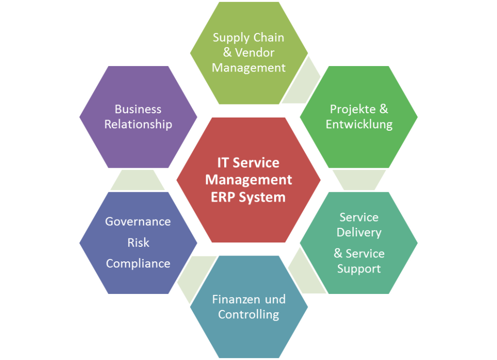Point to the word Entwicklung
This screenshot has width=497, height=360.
pyautogui.click(x=359, y=124)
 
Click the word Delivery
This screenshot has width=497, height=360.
pyautogui.click(x=359, y=233)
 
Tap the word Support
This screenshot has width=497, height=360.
pyautogui.click(x=359, y=269)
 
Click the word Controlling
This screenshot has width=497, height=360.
pyautogui.click(x=248, y=314)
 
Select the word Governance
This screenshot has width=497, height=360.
pyautogui.click(x=138, y=222)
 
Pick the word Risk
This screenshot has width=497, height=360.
pyautogui.click(x=138, y=242)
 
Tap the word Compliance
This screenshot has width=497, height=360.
pyautogui.click(x=138, y=264)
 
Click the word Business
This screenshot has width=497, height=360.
pyautogui.click(x=138, y=109)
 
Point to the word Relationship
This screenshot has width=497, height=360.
pyautogui.click(x=138, y=124)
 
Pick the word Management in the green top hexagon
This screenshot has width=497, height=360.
pyautogui.click(x=248, y=68)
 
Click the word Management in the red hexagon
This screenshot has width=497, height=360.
pyautogui.click(x=248, y=180)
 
